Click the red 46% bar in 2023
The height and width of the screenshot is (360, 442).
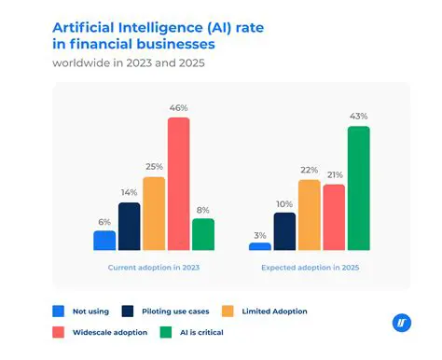coord(178,184)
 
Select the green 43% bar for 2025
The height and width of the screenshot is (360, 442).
coord(358,187)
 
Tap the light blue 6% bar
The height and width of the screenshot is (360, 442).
coord(104,241)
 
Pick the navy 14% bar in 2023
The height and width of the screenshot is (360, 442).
coord(130,227)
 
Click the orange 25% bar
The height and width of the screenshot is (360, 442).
coord(154,214)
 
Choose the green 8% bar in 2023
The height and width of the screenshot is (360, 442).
coord(203,234)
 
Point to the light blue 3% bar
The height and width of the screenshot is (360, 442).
coord(260,245)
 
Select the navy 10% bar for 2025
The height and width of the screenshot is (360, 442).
coord(284,231)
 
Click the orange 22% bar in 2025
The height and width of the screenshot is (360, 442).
coord(310,215)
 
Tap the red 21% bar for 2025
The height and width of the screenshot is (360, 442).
coord(334,216)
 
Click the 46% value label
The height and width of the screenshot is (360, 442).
coord(178,108)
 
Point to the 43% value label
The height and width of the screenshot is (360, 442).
coord(358,117)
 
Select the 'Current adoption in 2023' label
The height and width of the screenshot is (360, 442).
coord(153,268)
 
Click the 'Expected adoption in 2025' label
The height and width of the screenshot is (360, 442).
coord(309,268)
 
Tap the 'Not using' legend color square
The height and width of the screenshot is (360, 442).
coord(58,311)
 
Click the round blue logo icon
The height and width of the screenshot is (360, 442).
coord(401,324)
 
